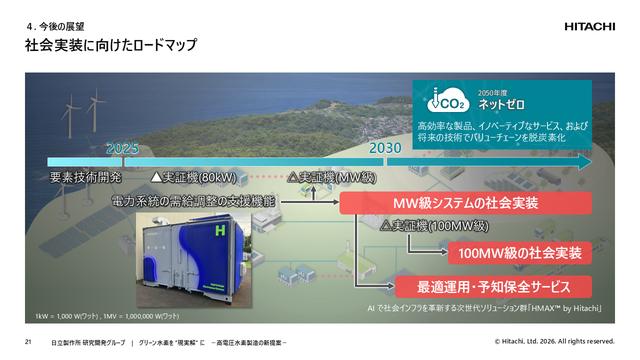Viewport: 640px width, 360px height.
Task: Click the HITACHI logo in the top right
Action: point(594,27)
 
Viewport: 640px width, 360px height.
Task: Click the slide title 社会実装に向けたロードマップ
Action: point(110,45)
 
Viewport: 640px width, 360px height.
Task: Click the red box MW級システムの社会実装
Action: point(465,204)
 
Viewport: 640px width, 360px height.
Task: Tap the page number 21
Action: point(29,343)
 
